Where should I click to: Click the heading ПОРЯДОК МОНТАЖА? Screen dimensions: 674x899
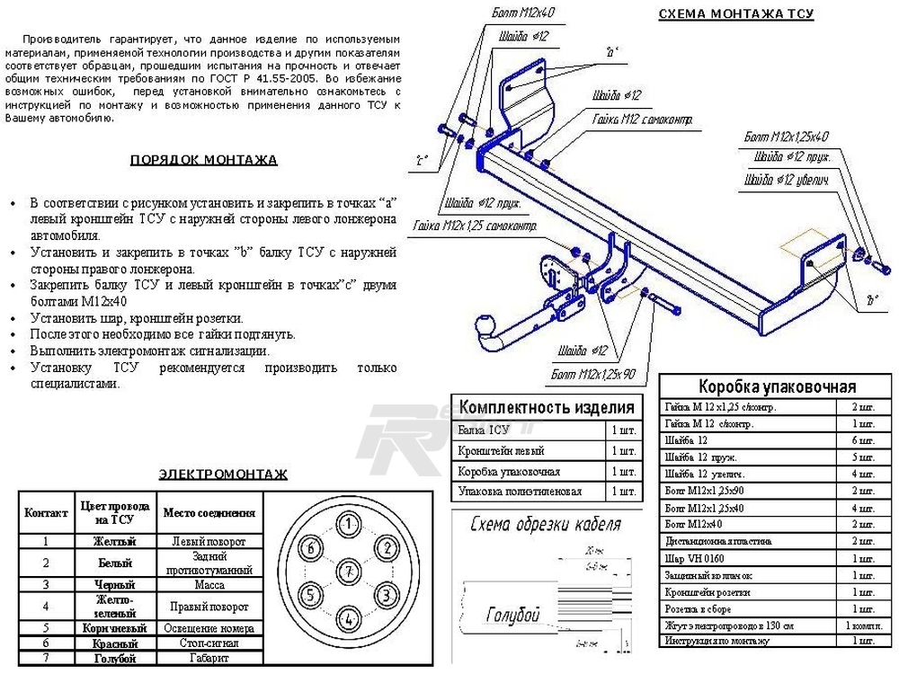click(x=204, y=161)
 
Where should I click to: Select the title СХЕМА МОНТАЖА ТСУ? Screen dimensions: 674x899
click(x=736, y=14)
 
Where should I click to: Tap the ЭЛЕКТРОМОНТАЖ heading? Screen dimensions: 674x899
click(x=223, y=474)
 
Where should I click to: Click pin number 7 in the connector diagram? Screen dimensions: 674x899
click(x=347, y=571)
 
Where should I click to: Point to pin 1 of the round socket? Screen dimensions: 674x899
click(x=347, y=523)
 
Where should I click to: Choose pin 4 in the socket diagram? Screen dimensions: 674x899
click(x=347, y=618)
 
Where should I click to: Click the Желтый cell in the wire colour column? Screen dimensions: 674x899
click(x=115, y=542)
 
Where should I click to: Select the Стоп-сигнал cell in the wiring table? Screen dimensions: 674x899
click(x=209, y=643)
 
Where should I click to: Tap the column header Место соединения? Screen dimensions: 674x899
click(x=209, y=513)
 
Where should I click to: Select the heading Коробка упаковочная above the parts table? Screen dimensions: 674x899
click(x=777, y=387)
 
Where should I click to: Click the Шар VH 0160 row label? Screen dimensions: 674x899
click(x=697, y=558)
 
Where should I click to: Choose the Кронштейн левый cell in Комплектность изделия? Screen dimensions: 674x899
click(x=501, y=450)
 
